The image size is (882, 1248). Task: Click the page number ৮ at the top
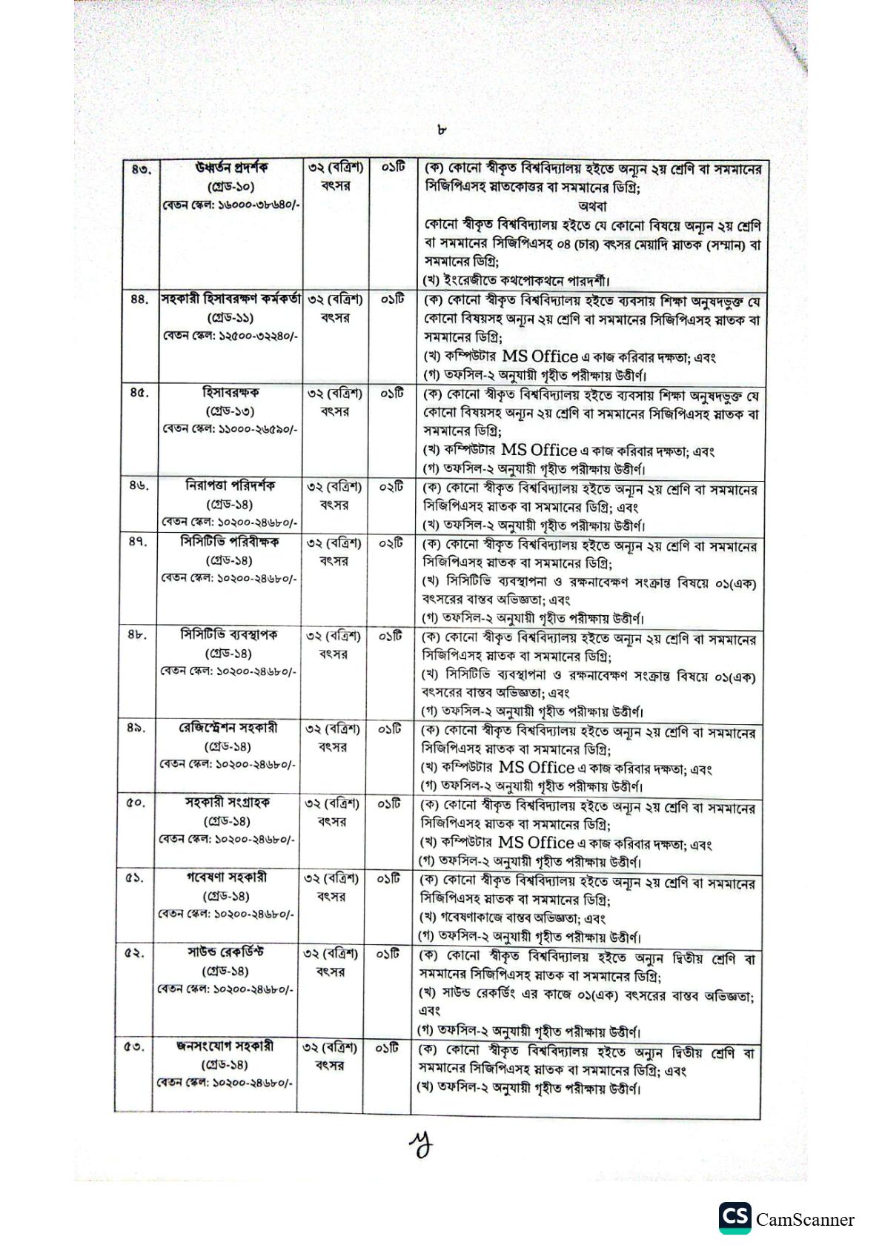coord(442,130)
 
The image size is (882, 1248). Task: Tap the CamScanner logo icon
coord(734,1219)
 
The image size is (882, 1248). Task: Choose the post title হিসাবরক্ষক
coord(228,392)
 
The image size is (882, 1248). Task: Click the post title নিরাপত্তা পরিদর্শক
coord(230,486)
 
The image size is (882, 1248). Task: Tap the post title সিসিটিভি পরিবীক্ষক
coord(230,542)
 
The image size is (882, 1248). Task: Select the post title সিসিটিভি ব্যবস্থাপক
coord(229,635)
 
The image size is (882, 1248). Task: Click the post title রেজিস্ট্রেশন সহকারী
coord(228,728)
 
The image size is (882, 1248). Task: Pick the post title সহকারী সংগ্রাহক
coord(228,803)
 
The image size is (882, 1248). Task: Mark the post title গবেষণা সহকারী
coord(227,877)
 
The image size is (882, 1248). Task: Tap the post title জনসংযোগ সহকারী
coord(225,1046)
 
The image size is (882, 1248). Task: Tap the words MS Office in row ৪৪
coord(539,356)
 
